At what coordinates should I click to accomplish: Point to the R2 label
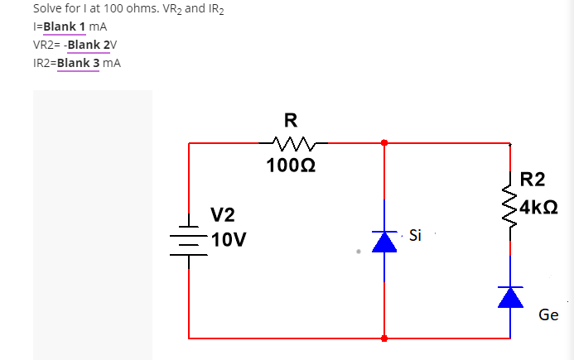coord(533,179)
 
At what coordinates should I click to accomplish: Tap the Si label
coord(415,236)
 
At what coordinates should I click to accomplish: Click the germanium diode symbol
coord(510,297)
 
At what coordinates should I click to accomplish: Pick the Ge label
coord(548,315)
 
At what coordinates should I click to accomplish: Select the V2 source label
coord(222,216)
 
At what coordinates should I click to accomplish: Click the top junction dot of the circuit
coord(383,143)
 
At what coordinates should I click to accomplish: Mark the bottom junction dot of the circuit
coord(383,338)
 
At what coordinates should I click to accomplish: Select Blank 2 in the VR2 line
coord(94,45)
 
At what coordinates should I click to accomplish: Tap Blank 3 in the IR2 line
coord(84,62)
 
